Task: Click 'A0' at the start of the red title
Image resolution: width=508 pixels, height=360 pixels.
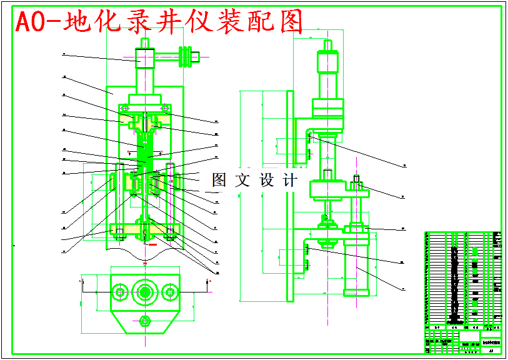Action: tap(28, 22)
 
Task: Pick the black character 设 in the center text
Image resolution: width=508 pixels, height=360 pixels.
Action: tap(266, 181)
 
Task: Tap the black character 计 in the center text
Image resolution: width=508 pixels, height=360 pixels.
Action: tap(290, 181)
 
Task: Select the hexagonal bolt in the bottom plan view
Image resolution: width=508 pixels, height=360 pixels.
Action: tap(145, 322)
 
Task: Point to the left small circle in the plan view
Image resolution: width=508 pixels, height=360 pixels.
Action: tap(119, 292)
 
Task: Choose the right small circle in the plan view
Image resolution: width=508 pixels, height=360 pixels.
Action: tap(169, 292)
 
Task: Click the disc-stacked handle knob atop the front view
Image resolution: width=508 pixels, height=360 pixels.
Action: tap(185, 57)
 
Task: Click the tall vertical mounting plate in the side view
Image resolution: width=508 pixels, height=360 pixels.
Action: tap(291, 194)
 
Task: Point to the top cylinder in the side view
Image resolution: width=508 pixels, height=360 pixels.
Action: tap(328, 62)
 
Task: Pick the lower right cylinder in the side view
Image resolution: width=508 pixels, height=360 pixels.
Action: tap(357, 266)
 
